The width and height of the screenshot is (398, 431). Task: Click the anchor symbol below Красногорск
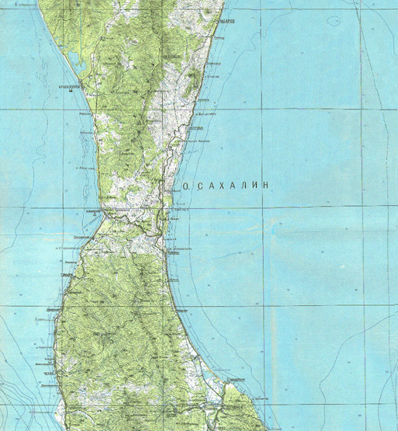click(x=70, y=93)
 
